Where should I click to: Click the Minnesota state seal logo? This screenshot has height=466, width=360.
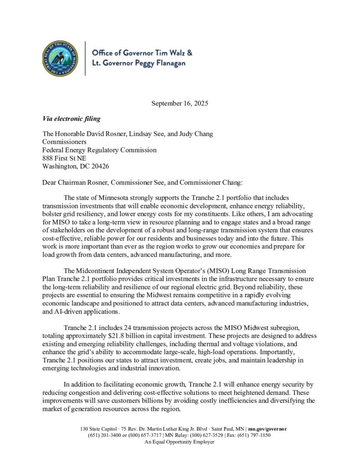[59, 58]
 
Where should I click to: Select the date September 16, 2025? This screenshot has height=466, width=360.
[180, 103]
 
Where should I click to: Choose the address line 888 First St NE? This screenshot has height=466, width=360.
[67, 158]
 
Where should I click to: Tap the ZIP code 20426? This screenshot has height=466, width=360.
[99, 166]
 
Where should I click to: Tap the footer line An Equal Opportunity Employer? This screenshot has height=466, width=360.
[179, 441]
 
